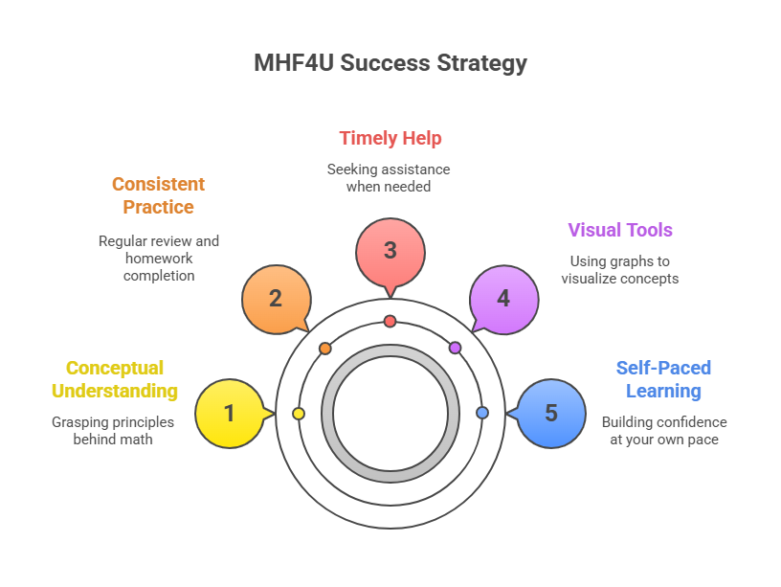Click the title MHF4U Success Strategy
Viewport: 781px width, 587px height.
[x=390, y=63]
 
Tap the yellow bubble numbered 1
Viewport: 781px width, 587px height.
[x=229, y=414]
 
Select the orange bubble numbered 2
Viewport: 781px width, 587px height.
[x=276, y=298]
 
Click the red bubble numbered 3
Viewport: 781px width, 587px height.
[x=390, y=251]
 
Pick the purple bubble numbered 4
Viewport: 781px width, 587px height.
[x=503, y=298]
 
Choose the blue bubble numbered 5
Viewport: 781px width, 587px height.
[x=550, y=414]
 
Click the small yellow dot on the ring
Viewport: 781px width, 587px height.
[x=299, y=414]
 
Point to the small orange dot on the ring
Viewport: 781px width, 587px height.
[x=325, y=349]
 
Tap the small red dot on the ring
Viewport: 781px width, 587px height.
[x=390, y=321]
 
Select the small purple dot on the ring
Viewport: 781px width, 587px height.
[x=455, y=348]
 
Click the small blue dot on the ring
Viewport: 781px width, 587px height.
[x=482, y=413]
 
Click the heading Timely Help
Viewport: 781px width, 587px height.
[x=390, y=138]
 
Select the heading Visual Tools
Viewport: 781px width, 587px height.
[x=619, y=230]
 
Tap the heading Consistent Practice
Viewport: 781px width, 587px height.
[x=159, y=195]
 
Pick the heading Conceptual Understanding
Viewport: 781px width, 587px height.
[x=114, y=379]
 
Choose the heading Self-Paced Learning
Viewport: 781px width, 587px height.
[x=663, y=379]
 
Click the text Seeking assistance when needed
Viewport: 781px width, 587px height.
[x=389, y=177]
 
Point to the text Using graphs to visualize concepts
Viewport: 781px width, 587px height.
[x=620, y=269]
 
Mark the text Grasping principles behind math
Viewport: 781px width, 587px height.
[x=114, y=430]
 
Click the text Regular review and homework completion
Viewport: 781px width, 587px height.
[x=159, y=258]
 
